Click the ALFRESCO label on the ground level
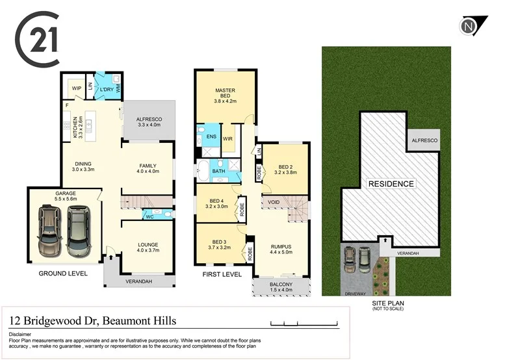pyautogui.click(x=149, y=120)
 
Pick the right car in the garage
pyautogui.click(x=79, y=230)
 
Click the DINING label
pyautogui.click(x=83, y=164)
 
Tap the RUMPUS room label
pyautogui.click(x=281, y=246)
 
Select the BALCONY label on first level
pyautogui.click(x=281, y=284)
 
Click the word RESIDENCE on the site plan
pyautogui.click(x=391, y=184)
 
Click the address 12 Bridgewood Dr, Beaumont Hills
pyautogui.click(x=92, y=321)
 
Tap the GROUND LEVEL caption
pyautogui.click(x=63, y=273)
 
